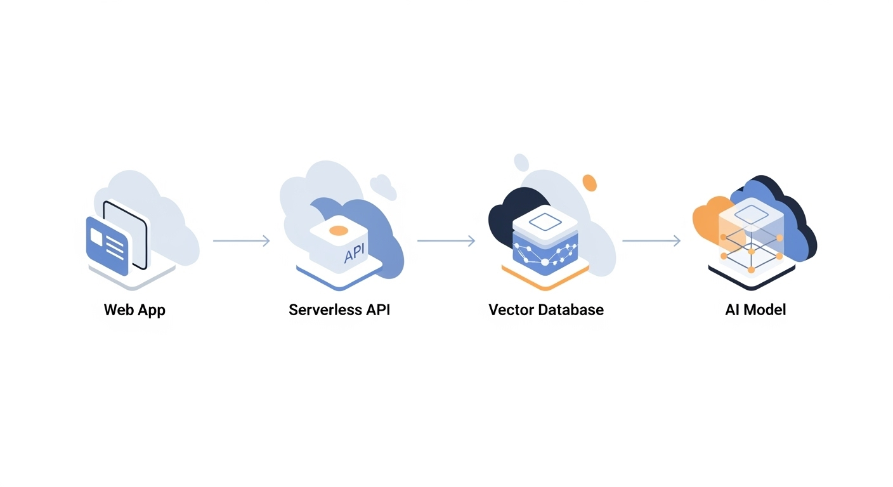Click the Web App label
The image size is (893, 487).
point(134,310)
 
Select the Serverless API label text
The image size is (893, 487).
point(339,310)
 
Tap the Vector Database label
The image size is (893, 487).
point(545,310)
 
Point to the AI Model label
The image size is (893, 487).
point(755,310)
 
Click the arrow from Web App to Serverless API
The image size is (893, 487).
point(241,241)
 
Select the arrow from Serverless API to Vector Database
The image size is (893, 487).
point(446,241)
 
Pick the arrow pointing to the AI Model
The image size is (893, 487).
point(651,241)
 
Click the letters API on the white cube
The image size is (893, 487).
point(356,254)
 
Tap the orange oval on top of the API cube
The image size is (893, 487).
point(339,230)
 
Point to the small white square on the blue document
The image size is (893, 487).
point(97,235)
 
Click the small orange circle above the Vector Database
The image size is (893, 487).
point(589,183)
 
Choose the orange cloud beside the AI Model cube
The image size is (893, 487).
point(705,219)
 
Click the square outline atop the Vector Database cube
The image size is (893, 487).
point(545,221)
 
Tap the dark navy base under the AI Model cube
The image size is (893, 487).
point(752,280)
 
